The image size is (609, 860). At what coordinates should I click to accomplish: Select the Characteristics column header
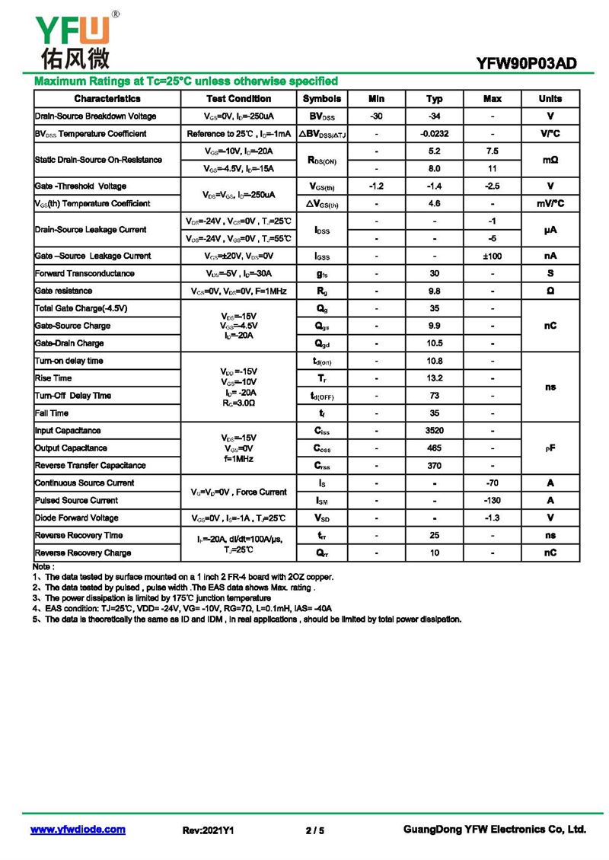[107, 99]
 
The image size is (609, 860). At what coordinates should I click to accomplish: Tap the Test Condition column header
[238, 99]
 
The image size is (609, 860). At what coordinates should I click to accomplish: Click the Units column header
[550, 99]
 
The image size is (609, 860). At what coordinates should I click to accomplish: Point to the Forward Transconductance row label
[84, 273]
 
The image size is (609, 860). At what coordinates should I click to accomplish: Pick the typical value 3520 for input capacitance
[434, 431]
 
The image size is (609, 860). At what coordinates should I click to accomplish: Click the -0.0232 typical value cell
[434, 134]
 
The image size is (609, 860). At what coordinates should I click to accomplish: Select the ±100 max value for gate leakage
[492, 256]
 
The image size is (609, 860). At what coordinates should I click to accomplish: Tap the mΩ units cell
[550, 160]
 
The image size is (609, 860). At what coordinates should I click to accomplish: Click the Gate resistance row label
[63, 291]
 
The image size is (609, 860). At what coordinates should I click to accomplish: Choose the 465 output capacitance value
[434, 448]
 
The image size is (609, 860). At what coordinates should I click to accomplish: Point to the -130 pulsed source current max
[492, 501]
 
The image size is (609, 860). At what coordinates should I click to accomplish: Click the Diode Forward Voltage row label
[77, 518]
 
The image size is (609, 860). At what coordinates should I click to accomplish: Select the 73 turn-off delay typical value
[434, 396]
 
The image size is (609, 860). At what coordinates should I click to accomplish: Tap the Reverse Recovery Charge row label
[83, 553]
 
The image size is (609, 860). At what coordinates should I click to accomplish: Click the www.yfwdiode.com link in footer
[78, 830]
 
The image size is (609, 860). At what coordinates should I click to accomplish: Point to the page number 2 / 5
[314, 830]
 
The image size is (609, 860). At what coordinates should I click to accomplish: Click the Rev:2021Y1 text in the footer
[208, 830]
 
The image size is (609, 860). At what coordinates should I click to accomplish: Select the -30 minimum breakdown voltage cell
[376, 116]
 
